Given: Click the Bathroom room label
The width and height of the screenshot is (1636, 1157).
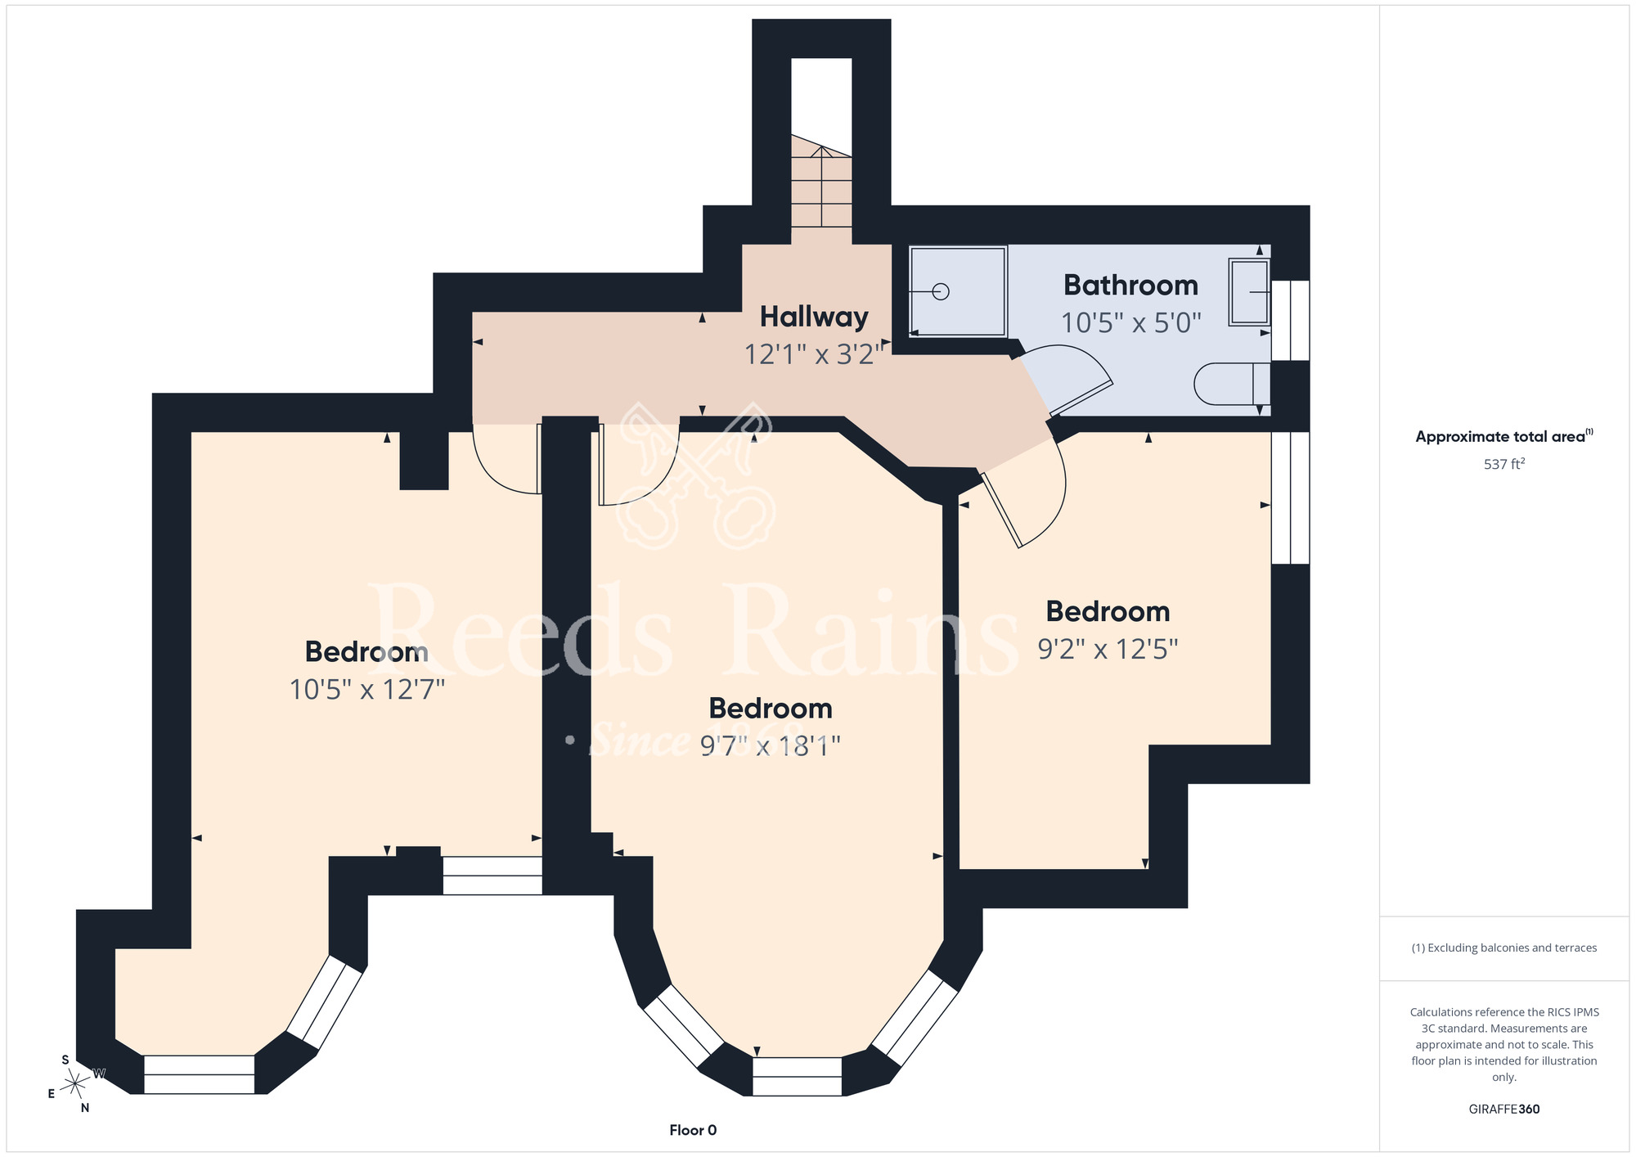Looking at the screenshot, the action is click(1130, 285).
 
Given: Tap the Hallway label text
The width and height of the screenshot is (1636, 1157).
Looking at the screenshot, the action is click(814, 317).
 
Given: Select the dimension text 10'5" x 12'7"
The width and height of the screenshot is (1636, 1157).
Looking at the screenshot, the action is click(367, 689).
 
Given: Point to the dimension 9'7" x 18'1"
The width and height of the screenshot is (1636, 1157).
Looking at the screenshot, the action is click(771, 745).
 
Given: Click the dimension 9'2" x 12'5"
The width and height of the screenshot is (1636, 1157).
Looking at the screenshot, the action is click(1108, 649).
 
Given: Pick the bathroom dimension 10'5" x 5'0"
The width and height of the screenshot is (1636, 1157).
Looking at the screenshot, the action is click(1130, 323).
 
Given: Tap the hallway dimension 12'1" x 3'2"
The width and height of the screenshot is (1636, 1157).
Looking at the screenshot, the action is click(815, 354).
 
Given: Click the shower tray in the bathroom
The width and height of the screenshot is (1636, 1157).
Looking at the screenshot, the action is click(958, 291).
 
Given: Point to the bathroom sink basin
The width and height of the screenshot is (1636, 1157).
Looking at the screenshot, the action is click(1249, 291).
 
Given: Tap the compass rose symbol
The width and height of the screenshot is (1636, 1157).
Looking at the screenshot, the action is click(75, 1083).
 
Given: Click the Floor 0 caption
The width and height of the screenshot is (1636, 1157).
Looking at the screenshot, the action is click(693, 1130).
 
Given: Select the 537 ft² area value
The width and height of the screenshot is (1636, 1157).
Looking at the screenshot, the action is click(1504, 464).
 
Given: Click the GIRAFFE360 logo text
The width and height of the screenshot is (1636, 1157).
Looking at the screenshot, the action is click(1504, 1110).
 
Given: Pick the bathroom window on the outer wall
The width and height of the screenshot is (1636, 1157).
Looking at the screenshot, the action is click(1291, 321).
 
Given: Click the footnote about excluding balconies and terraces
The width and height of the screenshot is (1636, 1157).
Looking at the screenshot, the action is click(1504, 948).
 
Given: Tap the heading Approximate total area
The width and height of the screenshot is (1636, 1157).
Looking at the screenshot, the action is click(1504, 436).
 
